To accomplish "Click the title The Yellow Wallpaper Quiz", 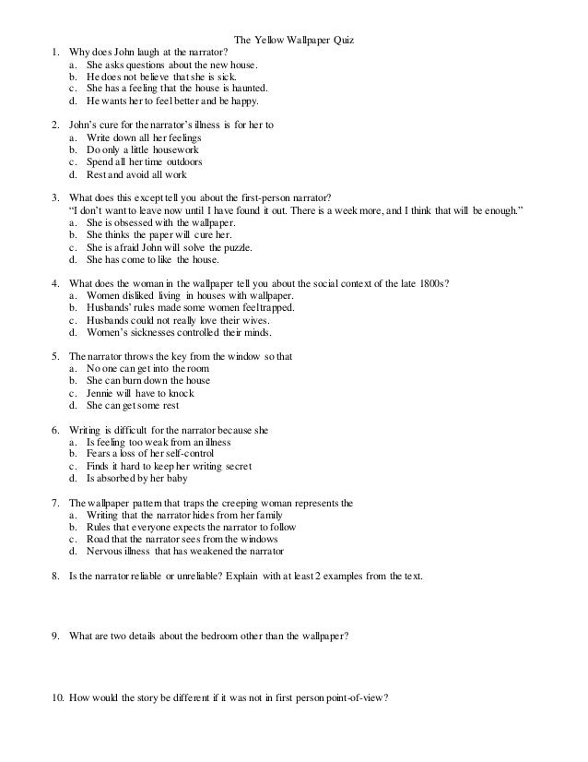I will pos(295,41).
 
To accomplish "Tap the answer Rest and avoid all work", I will pos(142,173).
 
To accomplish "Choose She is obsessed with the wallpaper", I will pos(160,222).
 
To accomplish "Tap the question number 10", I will pos(57,697).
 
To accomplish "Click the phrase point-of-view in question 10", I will pos(356,697).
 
